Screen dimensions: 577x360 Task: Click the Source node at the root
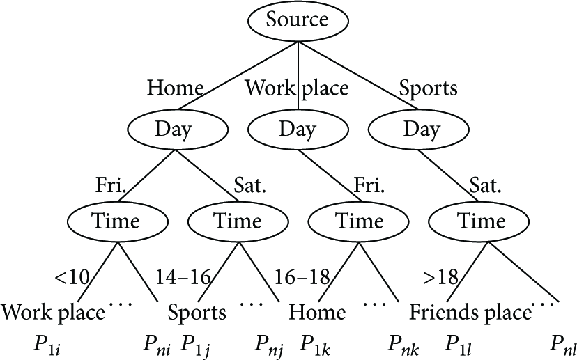[x=298, y=21]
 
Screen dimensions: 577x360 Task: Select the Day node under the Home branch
[x=178, y=130]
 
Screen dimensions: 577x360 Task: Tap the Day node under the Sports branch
[x=419, y=130]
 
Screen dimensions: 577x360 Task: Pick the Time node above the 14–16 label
[x=238, y=221]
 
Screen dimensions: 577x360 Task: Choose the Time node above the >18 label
[x=479, y=221]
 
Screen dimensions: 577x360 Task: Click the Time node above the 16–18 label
[x=358, y=221]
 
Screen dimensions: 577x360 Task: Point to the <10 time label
[x=72, y=277]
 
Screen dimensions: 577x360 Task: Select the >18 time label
[x=441, y=277]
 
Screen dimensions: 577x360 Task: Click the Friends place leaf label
[x=470, y=313]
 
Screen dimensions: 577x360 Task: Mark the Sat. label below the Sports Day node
[x=486, y=185]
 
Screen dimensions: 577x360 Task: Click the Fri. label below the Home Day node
[x=111, y=185]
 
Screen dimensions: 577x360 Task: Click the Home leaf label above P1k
[x=317, y=312]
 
